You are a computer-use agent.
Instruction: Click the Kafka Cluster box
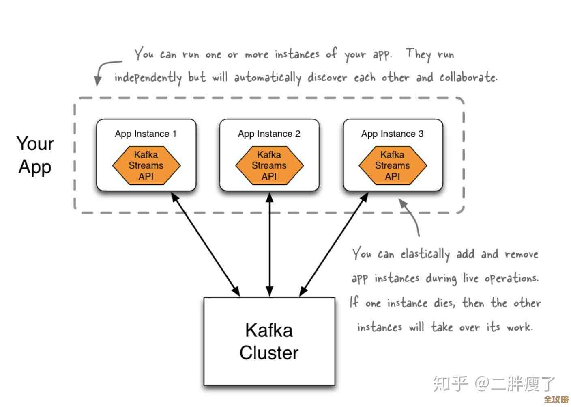point(269,341)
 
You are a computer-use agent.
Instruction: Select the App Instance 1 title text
point(146,134)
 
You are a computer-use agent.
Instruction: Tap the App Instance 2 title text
point(269,134)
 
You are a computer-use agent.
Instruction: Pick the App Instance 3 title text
point(392,134)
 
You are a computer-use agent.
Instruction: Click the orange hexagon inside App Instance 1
point(146,165)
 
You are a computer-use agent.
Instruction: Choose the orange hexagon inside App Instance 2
point(269,165)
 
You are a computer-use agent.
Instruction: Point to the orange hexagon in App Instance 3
point(393,165)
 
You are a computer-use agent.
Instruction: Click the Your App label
point(35,155)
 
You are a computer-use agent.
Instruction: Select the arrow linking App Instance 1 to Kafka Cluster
point(205,244)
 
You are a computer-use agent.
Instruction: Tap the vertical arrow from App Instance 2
point(270,244)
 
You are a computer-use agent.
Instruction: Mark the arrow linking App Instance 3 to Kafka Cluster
point(334,244)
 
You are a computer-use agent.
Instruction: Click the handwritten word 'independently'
point(148,78)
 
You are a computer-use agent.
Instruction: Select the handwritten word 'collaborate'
point(468,77)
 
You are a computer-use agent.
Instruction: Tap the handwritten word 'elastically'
point(425,255)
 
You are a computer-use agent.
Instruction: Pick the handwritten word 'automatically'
point(267,78)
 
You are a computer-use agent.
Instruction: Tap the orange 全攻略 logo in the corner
point(556,399)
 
